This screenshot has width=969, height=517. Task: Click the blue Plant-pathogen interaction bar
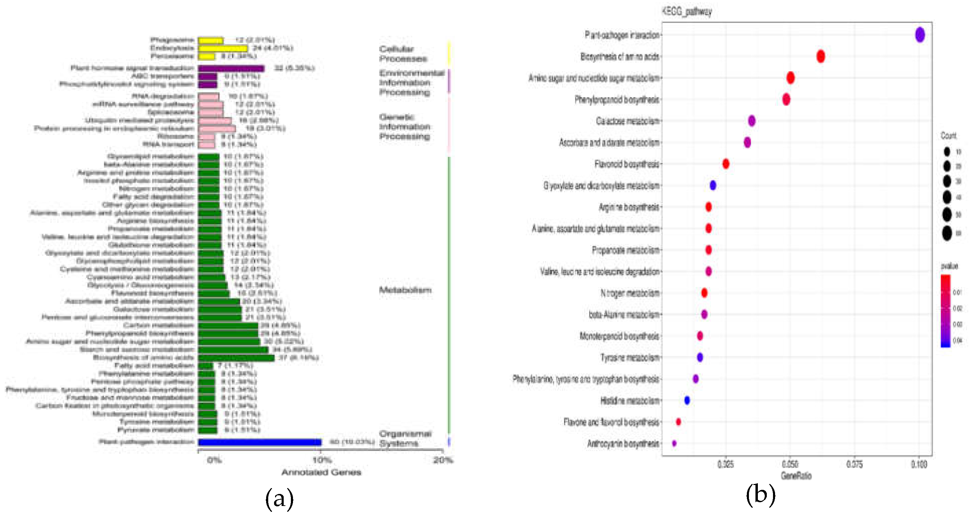(260, 442)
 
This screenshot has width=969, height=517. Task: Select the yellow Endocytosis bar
(223, 48)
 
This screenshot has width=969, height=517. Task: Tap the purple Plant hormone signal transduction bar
(231, 68)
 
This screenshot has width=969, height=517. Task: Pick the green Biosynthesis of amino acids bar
(236, 358)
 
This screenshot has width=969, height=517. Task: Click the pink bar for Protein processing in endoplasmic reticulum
(217, 129)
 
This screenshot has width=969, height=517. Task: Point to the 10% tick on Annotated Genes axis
(322, 460)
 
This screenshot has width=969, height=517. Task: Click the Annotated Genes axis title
(321, 472)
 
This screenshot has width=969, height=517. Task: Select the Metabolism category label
(405, 290)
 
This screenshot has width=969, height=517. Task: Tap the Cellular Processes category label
(403, 54)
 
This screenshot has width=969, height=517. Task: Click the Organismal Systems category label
(405, 438)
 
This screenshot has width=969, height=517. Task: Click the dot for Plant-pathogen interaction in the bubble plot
(919, 35)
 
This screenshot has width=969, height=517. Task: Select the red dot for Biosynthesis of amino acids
(820, 56)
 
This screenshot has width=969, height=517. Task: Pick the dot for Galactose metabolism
(751, 121)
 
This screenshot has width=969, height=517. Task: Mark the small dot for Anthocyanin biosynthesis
(674, 443)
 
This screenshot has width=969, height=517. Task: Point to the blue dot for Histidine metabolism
(687, 400)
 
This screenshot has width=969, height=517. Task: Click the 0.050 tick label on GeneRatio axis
(790, 464)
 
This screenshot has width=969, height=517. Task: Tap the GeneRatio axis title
(796, 476)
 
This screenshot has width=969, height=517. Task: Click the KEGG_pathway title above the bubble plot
(687, 12)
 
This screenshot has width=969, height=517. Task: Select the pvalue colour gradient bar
(945, 311)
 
